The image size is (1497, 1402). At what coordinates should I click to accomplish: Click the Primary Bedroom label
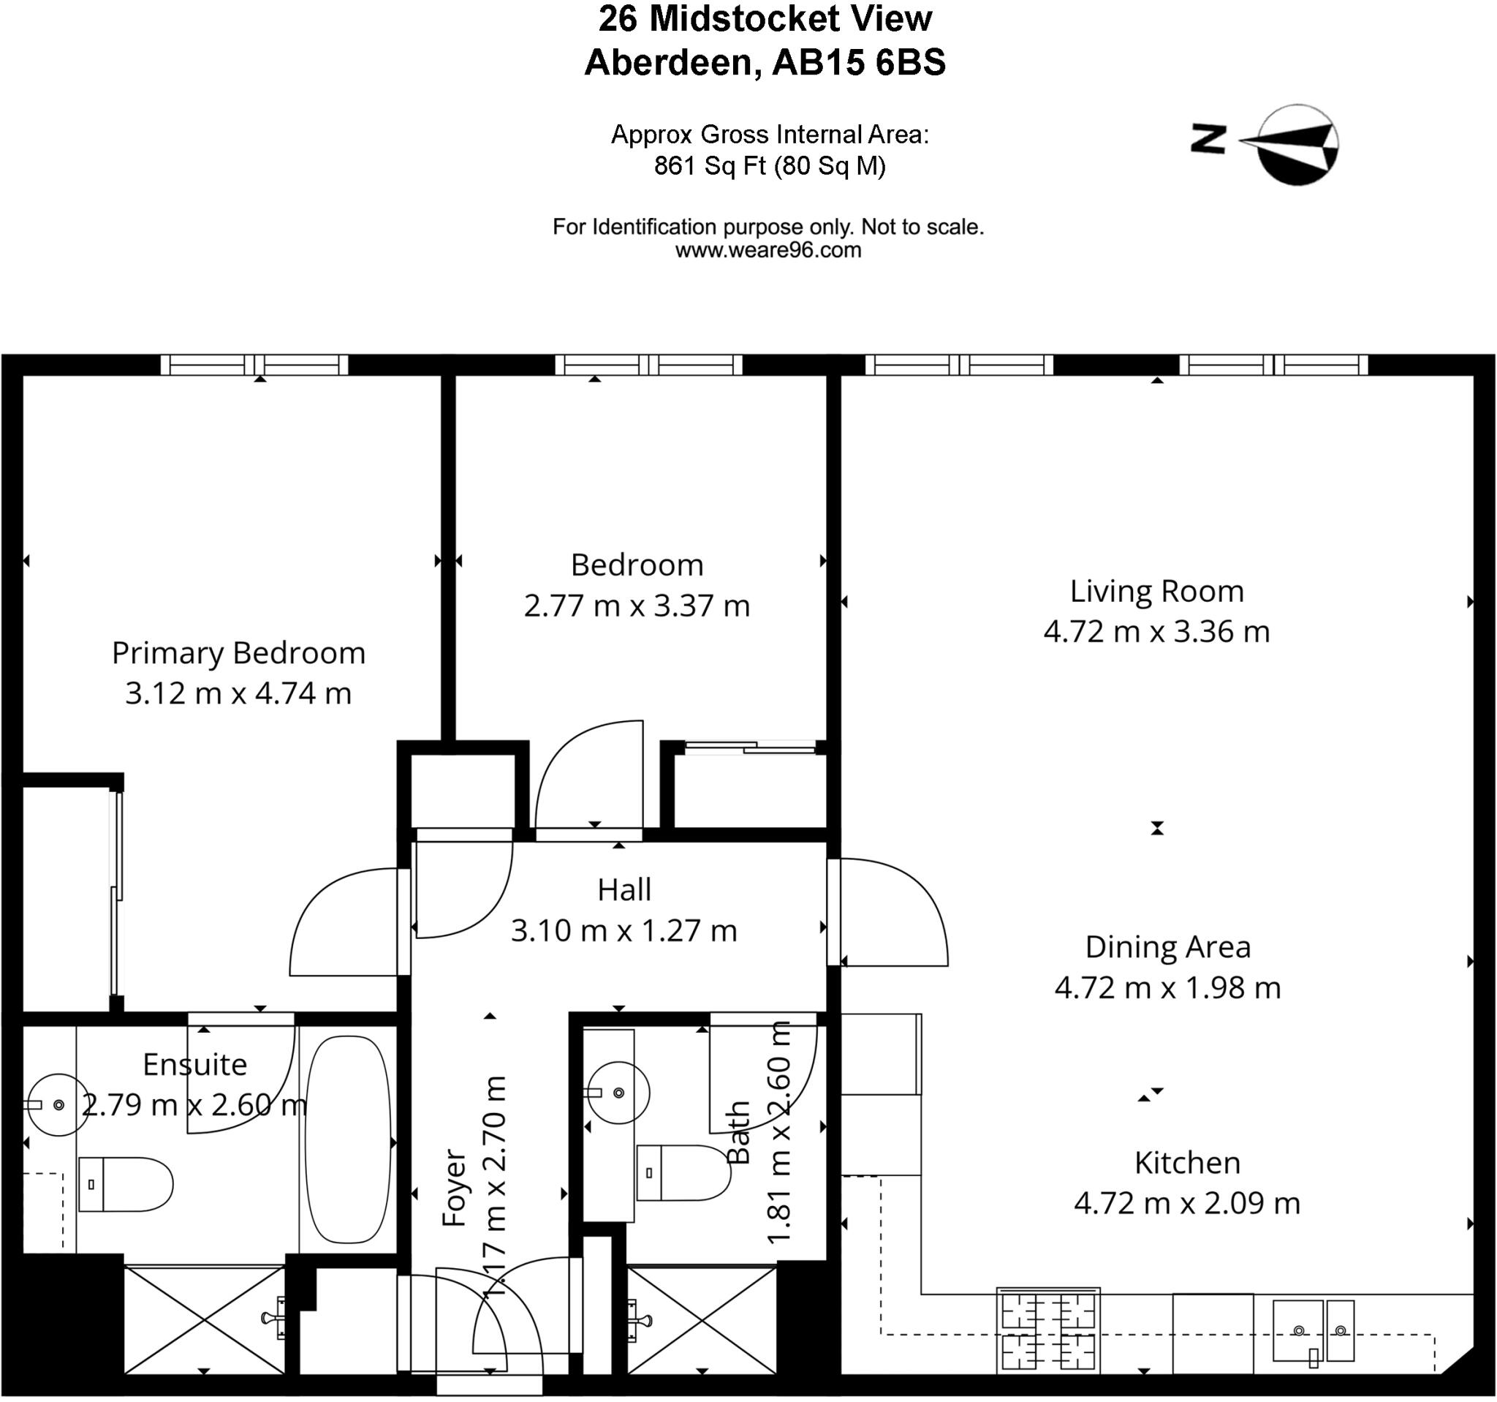pyautogui.click(x=238, y=652)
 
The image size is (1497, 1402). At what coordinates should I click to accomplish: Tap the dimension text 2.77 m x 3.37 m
pyautogui.click(x=637, y=606)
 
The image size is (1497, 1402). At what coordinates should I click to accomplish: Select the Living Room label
pyautogui.click(x=1156, y=592)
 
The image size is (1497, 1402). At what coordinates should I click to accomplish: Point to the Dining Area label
pyautogui.click(x=1167, y=948)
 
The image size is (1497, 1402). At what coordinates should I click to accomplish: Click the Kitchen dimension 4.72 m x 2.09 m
pyautogui.click(x=1187, y=1203)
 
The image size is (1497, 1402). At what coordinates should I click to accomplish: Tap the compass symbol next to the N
pyautogui.click(x=1297, y=145)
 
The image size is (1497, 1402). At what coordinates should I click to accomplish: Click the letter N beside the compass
pyautogui.click(x=1208, y=140)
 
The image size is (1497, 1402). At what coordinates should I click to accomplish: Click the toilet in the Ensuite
pyautogui.click(x=126, y=1184)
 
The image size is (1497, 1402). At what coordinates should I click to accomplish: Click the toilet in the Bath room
pyautogui.click(x=683, y=1173)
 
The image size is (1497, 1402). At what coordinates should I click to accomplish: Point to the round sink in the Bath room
pyautogui.click(x=618, y=1093)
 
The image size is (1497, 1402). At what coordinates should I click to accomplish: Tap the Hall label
pyautogui.click(x=624, y=891)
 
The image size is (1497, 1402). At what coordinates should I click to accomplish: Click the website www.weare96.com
pyautogui.click(x=768, y=250)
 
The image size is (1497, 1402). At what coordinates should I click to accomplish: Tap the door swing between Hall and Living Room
pyautogui.click(x=893, y=911)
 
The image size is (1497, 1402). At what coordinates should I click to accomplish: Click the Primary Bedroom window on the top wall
pyautogui.click(x=254, y=366)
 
